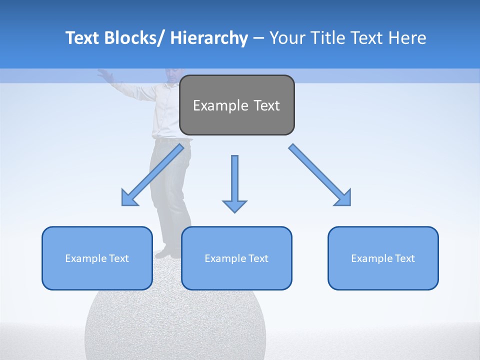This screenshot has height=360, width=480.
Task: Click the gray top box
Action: [x=236, y=105]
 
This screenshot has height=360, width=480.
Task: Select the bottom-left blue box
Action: [x=97, y=258]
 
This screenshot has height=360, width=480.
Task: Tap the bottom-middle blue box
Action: [x=236, y=258]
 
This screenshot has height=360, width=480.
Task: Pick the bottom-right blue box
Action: [x=383, y=258]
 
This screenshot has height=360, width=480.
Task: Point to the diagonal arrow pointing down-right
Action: [x=320, y=174]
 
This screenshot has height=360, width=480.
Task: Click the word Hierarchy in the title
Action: [x=209, y=38]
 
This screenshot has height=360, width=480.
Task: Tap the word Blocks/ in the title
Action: [x=133, y=38]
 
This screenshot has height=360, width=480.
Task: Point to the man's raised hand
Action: [x=104, y=73]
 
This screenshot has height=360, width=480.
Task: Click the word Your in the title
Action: [x=286, y=38]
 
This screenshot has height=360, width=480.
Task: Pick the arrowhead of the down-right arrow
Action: [x=342, y=197]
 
